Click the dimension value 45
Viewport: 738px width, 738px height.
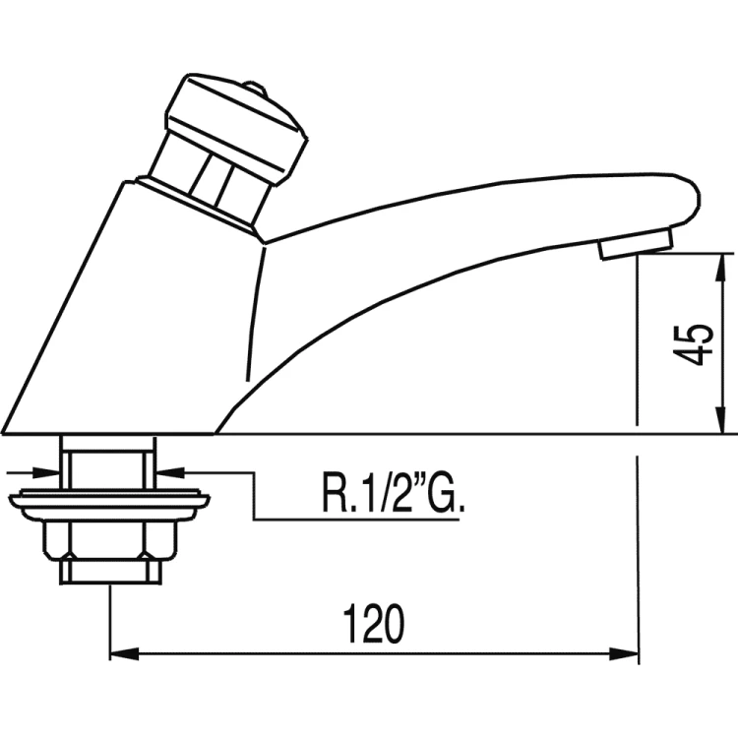697,344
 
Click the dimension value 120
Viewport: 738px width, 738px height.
375,624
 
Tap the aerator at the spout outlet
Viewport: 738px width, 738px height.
637,242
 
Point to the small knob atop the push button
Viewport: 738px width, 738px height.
255,90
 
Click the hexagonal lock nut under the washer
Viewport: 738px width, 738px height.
112,539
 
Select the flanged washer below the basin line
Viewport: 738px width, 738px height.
110,505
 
